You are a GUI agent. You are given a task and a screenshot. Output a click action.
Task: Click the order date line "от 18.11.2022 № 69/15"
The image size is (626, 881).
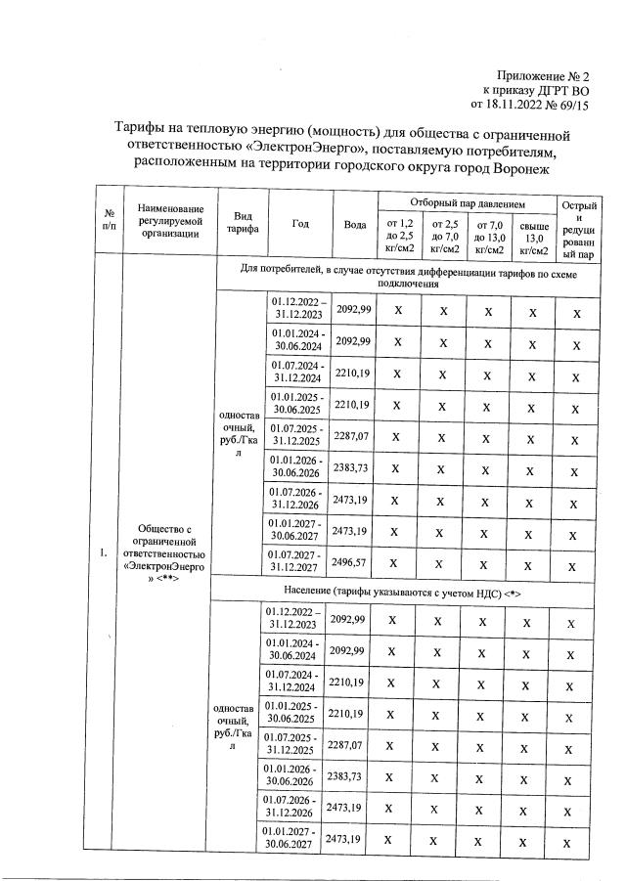(x=531, y=103)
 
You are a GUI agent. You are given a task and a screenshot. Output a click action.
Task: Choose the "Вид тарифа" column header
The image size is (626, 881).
(x=237, y=223)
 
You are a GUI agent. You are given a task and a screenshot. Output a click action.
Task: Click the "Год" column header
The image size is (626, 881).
(x=300, y=223)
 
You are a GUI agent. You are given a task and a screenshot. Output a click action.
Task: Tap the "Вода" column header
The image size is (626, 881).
(x=355, y=223)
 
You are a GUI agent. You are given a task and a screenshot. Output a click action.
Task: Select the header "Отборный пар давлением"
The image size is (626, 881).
(x=468, y=203)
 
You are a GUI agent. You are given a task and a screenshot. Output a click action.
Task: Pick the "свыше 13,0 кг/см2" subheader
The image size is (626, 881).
(x=533, y=237)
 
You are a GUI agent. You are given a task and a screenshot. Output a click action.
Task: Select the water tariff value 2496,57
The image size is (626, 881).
(x=354, y=562)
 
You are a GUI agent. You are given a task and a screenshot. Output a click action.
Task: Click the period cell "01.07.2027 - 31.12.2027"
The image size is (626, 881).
(x=297, y=562)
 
